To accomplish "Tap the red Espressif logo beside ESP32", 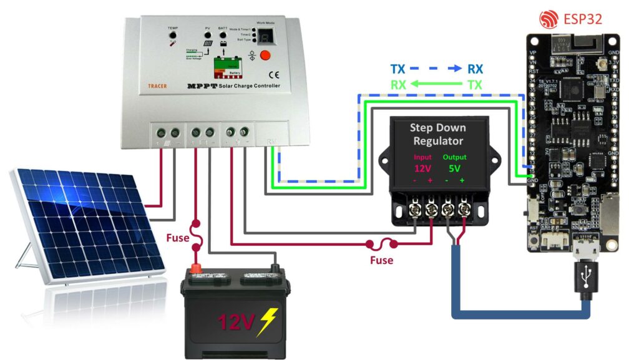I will point(547,19).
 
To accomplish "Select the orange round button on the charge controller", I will point(264,55).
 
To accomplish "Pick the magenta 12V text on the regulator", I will point(423,168).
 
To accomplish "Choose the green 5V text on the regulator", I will point(454,168).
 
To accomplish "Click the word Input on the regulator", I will point(422,157).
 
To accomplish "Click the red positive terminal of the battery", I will point(197,269).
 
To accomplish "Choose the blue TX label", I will point(398,69).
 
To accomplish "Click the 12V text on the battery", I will point(237,322).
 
